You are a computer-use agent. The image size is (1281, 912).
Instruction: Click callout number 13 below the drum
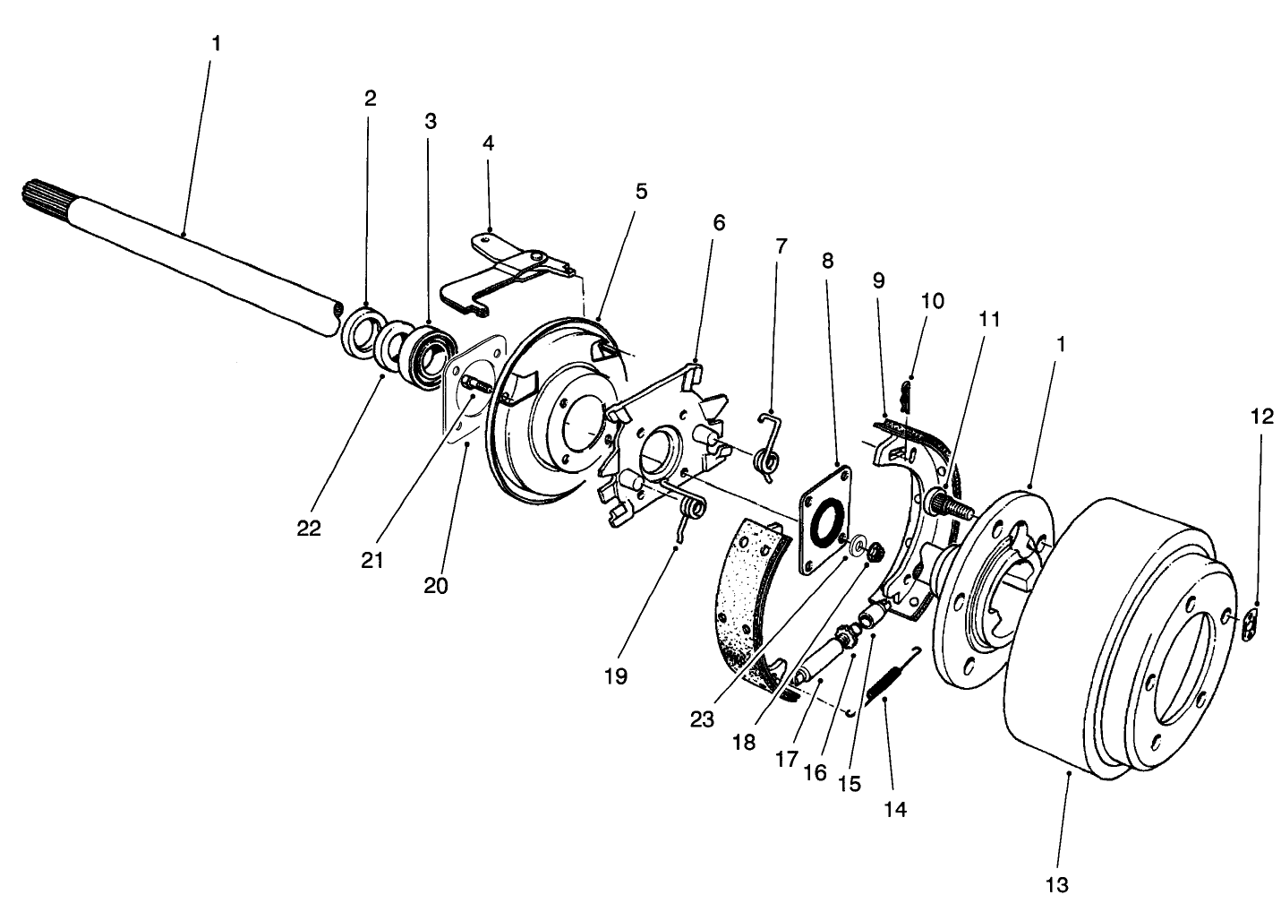pos(1056,885)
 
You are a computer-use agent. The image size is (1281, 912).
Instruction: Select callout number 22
pos(309,529)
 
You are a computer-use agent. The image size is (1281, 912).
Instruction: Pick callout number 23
pos(702,719)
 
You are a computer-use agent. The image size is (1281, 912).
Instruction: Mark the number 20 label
pos(436,586)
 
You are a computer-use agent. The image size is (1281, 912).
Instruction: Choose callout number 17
pos(786,759)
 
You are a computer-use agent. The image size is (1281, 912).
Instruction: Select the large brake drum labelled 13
pos(1110,645)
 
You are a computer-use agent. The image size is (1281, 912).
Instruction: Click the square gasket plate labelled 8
pos(822,520)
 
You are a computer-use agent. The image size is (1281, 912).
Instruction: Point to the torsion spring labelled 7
pos(769,448)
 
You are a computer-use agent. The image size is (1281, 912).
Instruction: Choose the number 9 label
pos(878,280)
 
